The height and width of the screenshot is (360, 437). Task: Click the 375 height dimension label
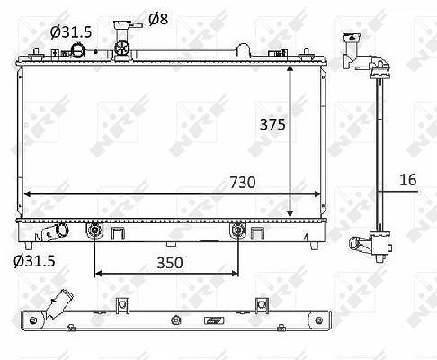pyautogui.click(x=272, y=124)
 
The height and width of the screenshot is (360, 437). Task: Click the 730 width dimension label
pyautogui.click(x=243, y=182)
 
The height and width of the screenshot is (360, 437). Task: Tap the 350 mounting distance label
pyautogui.click(x=170, y=263)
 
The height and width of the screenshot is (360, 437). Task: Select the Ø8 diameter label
pyautogui.click(x=158, y=19)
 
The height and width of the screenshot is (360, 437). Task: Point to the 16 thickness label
pyautogui.click(x=408, y=180)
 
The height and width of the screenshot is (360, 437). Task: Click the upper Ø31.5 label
pyautogui.click(x=71, y=31)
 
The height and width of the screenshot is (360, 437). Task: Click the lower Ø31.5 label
pyautogui.click(x=34, y=261)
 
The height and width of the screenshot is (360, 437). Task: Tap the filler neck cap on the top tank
pyautogui.click(x=127, y=25)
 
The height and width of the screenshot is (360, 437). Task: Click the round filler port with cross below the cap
pyautogui.click(x=122, y=49)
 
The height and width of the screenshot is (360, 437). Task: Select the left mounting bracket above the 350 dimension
pyautogui.click(x=94, y=230)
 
